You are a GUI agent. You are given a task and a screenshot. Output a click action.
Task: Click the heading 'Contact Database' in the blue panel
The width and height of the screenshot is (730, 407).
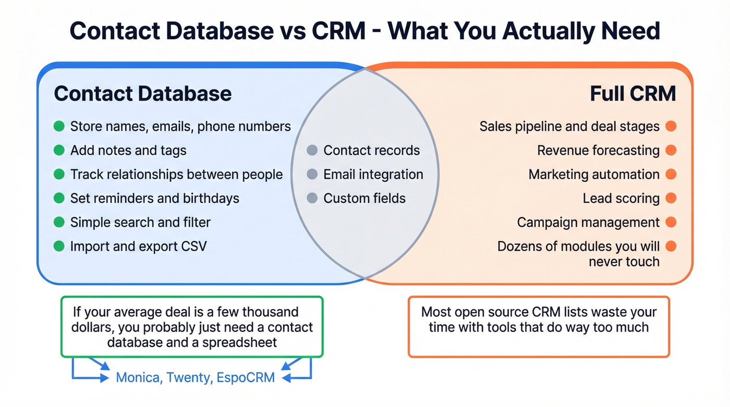(142, 94)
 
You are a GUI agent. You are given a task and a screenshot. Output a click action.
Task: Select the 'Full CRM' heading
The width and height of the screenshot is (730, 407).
(632, 94)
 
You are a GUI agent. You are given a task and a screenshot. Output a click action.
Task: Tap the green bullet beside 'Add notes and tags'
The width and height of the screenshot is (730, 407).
(59, 151)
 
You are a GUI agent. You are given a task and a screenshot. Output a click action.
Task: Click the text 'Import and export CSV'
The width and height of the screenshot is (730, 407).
(138, 246)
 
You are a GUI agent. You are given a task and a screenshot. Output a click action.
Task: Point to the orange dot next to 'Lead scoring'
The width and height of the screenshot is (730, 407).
(671, 198)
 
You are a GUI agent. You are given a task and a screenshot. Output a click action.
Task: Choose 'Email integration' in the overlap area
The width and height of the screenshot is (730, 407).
(373, 175)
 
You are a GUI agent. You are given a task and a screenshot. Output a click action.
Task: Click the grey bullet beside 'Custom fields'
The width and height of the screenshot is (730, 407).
(312, 199)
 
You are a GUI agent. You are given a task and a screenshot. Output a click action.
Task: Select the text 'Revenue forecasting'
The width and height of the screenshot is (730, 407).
(598, 151)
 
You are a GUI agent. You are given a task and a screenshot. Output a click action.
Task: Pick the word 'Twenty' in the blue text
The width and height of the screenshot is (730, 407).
(189, 377)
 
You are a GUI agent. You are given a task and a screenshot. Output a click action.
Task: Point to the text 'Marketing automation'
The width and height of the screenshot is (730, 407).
(594, 175)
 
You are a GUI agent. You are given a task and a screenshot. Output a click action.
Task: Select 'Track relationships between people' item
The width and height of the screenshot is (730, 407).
(176, 175)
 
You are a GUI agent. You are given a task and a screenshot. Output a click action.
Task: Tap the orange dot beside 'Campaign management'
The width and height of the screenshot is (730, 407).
(671, 222)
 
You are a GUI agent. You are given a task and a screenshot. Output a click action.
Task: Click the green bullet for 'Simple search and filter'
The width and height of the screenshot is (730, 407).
(59, 222)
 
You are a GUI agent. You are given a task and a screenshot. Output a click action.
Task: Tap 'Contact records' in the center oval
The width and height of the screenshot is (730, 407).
(371, 151)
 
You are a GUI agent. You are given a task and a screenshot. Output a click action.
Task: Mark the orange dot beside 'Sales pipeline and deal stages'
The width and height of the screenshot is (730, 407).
(671, 127)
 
